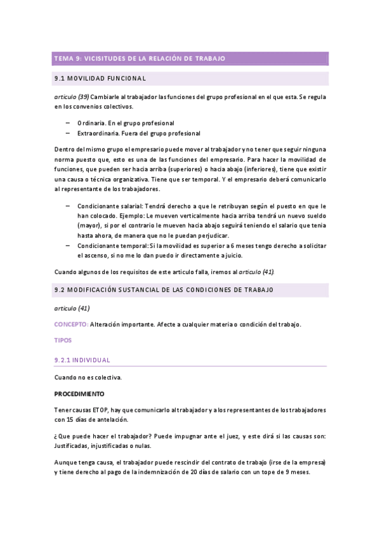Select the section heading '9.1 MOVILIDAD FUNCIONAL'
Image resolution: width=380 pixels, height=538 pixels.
tap(101, 79)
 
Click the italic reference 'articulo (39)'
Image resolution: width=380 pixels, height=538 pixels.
tap(71, 96)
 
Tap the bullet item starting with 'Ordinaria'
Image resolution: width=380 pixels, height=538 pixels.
tap(126, 122)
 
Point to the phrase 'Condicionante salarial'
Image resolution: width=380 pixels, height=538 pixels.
tap(110, 206)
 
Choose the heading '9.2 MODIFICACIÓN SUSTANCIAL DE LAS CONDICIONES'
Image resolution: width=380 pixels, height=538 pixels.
tap(164, 290)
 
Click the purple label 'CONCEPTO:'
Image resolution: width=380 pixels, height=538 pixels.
tap(71, 324)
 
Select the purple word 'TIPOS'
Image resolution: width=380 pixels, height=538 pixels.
tap(63, 340)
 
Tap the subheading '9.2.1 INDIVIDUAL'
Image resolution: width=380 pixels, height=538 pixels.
tap(82, 360)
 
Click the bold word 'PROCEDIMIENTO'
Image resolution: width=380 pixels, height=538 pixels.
tap(79, 394)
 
